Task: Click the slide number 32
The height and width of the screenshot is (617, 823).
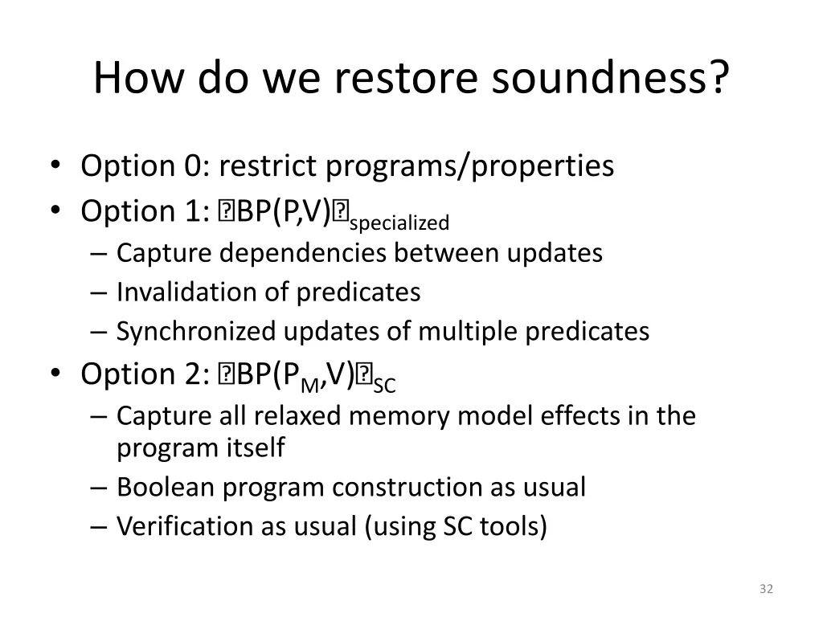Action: click(x=765, y=590)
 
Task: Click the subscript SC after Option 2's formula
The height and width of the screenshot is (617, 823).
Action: click(x=385, y=385)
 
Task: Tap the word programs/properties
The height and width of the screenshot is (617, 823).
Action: click(x=469, y=166)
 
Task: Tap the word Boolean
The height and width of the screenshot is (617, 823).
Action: click(x=164, y=487)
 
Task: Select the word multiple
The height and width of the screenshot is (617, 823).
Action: click(x=473, y=331)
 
